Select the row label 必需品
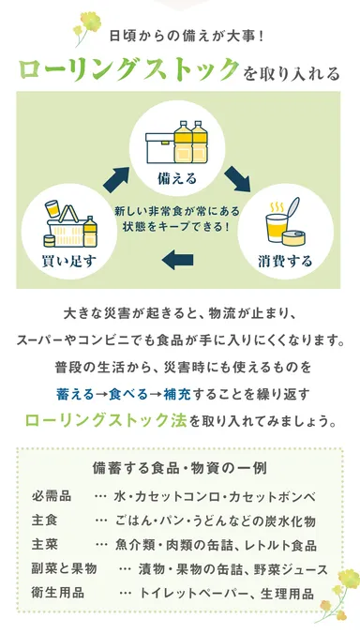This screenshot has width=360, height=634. click(52, 495)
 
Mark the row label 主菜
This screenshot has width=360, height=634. click(44, 544)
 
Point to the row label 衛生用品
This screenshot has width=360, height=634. click(58, 593)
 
